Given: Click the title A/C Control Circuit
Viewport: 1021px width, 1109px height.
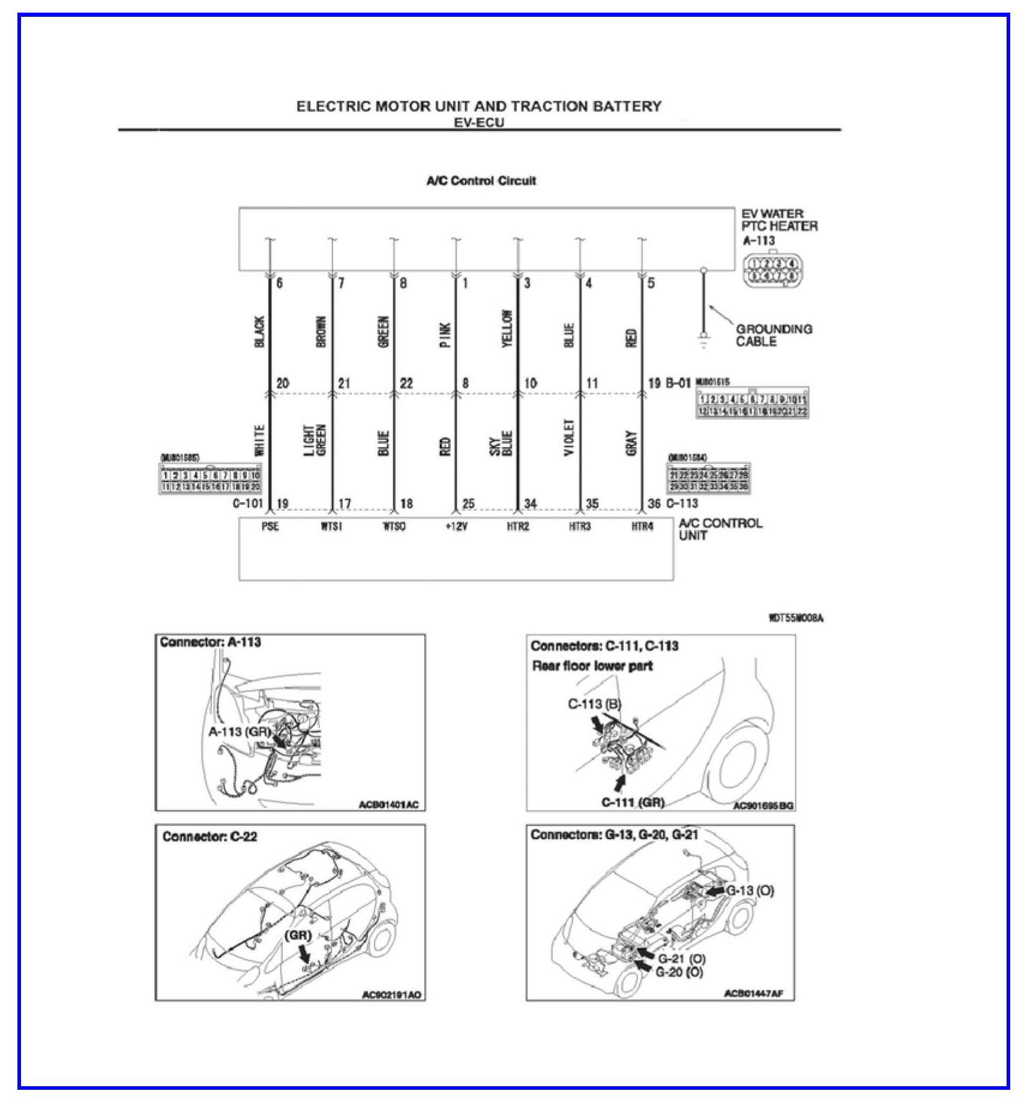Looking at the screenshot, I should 481,181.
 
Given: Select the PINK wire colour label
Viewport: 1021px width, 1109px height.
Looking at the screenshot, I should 445,334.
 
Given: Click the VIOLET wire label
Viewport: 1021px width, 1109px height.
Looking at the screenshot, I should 569,437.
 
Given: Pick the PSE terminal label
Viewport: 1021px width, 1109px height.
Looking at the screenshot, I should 270,527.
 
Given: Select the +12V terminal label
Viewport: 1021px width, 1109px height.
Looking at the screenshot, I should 456,527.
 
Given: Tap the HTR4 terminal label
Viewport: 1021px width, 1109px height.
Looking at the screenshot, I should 642,527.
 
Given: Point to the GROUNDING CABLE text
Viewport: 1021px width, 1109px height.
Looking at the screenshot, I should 774,335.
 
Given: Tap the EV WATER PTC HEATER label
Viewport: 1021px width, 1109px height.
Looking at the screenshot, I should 779,220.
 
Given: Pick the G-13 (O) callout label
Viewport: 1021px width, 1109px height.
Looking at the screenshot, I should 750,891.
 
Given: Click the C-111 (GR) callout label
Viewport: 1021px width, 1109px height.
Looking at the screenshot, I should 633,802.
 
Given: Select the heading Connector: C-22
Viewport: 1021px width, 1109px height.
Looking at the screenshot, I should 209,837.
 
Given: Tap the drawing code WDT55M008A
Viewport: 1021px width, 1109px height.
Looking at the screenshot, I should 796,618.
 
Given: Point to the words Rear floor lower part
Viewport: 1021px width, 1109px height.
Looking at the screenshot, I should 592,666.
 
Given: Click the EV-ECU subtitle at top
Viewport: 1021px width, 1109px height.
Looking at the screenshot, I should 478,122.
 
